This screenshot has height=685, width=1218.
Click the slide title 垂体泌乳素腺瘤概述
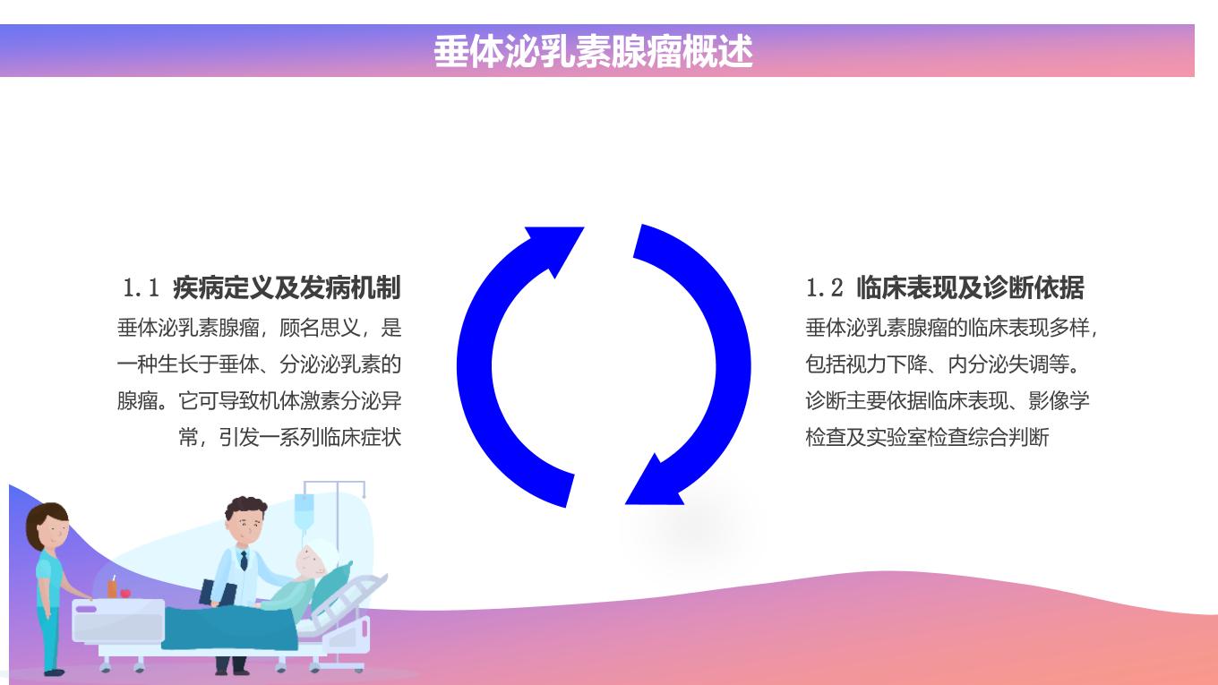click(593, 52)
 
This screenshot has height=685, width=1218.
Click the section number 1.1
click(141, 287)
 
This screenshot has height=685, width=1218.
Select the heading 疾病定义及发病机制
click(287, 287)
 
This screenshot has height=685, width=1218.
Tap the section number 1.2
click(824, 287)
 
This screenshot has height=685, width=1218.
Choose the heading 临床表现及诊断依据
click(970, 287)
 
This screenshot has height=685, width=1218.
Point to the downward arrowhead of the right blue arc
click(655, 481)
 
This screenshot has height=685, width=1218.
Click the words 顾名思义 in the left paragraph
click(320, 328)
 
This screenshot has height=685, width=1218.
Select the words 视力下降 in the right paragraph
click(887, 364)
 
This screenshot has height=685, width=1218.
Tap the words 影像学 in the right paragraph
click(1059, 400)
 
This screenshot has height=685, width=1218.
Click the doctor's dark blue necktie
click(244, 560)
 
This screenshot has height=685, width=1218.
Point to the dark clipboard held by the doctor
click(218, 593)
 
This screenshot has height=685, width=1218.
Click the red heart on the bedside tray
click(125, 593)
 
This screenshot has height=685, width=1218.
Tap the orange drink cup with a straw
click(112, 587)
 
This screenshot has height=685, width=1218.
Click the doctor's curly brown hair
click(245, 507)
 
